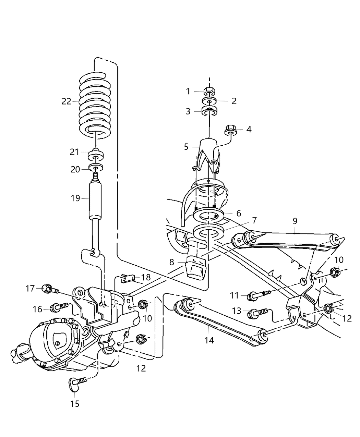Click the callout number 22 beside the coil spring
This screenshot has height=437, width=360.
click(66, 101)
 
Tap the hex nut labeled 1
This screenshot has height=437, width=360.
click(209, 92)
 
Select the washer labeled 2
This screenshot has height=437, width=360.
click(209, 101)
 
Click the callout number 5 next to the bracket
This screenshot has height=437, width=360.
click(186, 147)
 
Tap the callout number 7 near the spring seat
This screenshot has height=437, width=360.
click(254, 220)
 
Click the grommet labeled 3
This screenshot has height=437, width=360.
click(209, 111)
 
